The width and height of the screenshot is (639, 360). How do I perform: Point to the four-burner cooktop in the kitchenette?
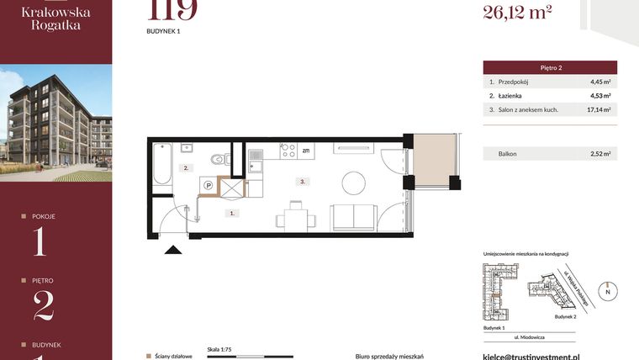pos(287,151)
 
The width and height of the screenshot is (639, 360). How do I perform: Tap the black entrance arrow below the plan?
pos(174,249)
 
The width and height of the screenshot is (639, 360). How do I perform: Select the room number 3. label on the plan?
pos(301,181)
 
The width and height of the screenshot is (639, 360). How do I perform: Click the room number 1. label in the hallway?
pos(231,214)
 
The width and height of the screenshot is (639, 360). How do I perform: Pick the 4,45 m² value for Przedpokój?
pos(599,82)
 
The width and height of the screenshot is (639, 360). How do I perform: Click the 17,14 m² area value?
pos(599,109)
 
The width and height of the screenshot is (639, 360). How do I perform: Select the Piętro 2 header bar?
pos(550,67)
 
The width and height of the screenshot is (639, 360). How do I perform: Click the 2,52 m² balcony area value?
pos(599,154)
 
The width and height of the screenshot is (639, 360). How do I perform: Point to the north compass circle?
pos(610,291)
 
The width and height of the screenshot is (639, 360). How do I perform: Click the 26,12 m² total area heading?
pos(516,11)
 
